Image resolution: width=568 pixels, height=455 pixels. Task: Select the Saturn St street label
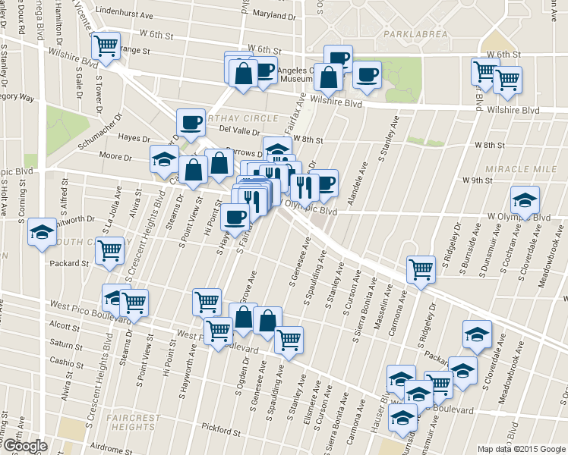[65, 343]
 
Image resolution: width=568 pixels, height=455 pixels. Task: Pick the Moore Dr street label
[115, 156]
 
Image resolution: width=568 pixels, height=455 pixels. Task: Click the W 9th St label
[478, 180]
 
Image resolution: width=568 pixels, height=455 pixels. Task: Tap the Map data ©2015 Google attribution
[522, 448]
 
